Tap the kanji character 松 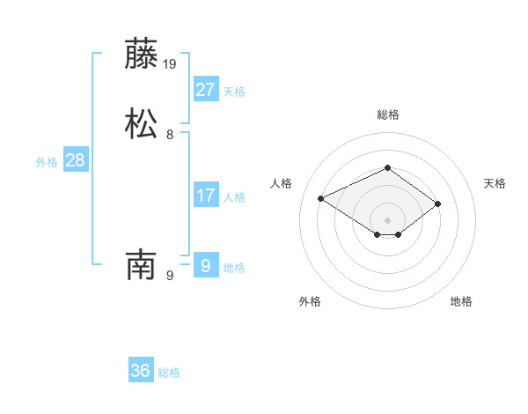pyautogui.click(x=142, y=123)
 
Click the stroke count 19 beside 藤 pyautogui.click(x=171, y=64)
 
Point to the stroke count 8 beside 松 pyautogui.click(x=170, y=135)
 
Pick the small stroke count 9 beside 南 pyautogui.click(x=170, y=276)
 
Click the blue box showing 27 pyautogui.click(x=205, y=89)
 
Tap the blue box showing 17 pyautogui.click(x=205, y=195)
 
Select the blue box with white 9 pyautogui.click(x=205, y=265)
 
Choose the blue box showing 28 pyautogui.click(x=75, y=160)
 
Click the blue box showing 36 pyautogui.click(x=141, y=371)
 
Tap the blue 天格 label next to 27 pyautogui.click(x=234, y=92)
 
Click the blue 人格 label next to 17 pyautogui.click(x=234, y=197)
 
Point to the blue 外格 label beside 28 pyautogui.click(x=47, y=162)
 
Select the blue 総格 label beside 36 pyautogui.click(x=169, y=373)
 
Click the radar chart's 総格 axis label pyautogui.click(x=387, y=115)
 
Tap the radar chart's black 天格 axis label pyautogui.click(x=495, y=183)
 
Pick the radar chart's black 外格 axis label pyautogui.click(x=310, y=301)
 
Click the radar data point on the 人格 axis pyautogui.click(x=321, y=197)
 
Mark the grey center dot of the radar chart pyautogui.click(x=387, y=219)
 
